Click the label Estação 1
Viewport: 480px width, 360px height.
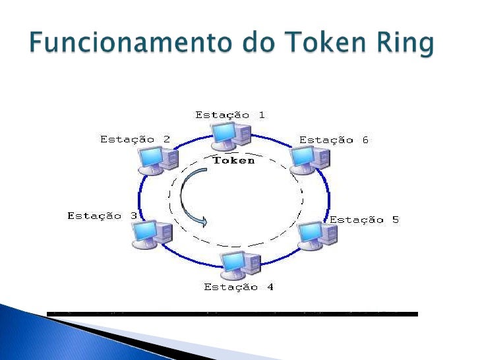[x=229, y=115]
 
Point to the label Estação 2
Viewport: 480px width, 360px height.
[x=135, y=139]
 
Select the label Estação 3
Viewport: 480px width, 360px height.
[x=102, y=216]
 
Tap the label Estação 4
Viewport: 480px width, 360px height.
[x=238, y=287]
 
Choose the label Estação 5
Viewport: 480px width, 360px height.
[x=364, y=220]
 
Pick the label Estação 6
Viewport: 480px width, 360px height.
[x=334, y=140]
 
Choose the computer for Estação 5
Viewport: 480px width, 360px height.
[x=316, y=235]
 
